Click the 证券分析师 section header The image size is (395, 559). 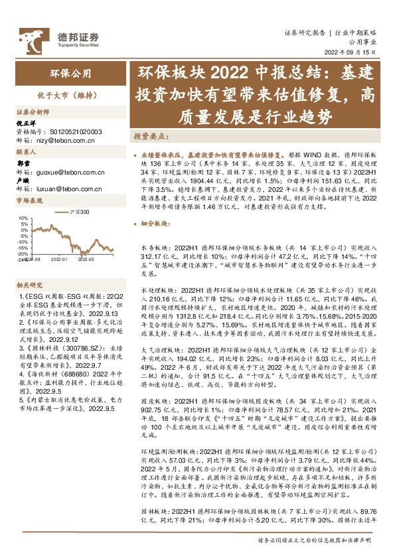32,112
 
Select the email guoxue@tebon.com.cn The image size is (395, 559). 66,171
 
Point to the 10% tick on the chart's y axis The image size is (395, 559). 23,217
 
